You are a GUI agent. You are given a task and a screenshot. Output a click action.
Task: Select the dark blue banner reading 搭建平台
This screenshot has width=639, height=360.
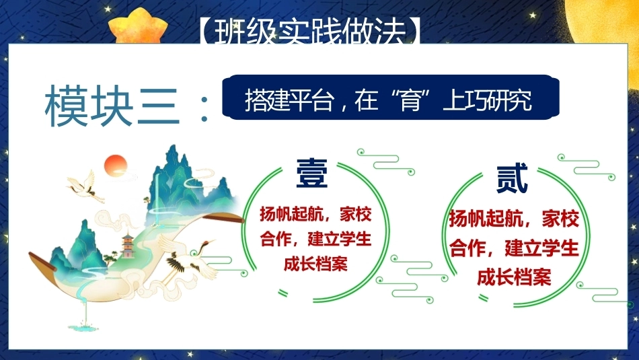[390, 97]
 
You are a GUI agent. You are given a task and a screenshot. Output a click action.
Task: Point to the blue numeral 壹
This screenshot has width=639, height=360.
[311, 174]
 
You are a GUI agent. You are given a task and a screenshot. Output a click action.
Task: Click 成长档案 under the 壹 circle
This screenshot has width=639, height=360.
[316, 264]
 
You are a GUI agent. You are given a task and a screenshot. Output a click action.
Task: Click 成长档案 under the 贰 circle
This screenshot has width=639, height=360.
[514, 277]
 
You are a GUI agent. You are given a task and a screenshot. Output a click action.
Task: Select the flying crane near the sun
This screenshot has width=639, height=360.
[85, 186]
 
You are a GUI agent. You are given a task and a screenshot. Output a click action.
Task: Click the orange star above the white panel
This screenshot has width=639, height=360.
[138, 26]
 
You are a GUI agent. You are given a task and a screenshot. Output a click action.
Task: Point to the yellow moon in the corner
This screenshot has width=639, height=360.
[603, 20]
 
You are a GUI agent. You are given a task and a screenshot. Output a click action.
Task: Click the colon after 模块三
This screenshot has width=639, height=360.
[204, 109]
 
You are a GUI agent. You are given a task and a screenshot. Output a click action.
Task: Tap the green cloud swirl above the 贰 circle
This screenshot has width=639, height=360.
[586, 166]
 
